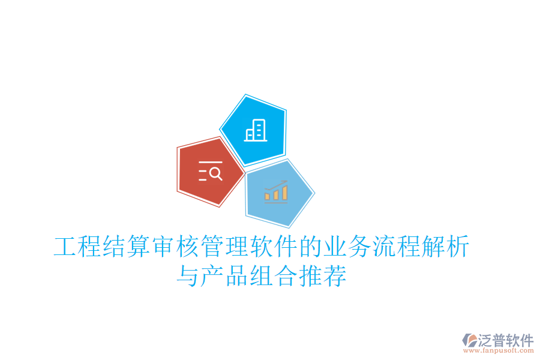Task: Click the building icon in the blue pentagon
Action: click(x=256, y=130)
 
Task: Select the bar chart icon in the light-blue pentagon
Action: click(x=276, y=193)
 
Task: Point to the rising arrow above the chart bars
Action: click(x=277, y=185)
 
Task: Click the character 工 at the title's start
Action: click(x=65, y=247)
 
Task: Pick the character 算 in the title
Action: click(x=139, y=247)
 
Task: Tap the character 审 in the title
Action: click(x=163, y=247)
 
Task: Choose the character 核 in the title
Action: click(x=188, y=247)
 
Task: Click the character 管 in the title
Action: click(x=212, y=247)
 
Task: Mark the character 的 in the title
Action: click(x=310, y=247)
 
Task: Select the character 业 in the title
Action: click(x=335, y=247)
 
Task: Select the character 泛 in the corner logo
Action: click(x=486, y=340)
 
